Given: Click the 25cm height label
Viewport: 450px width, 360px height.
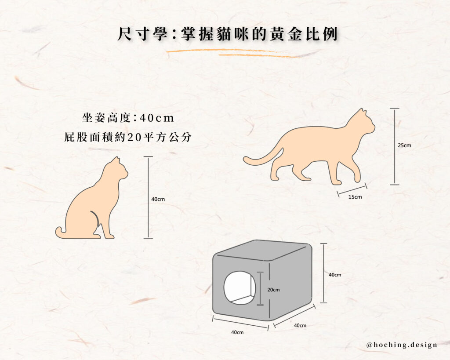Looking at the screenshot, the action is click(x=404, y=145).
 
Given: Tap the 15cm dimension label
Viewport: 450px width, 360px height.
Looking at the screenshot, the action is click(x=355, y=197).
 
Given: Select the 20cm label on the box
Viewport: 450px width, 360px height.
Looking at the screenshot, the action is click(x=273, y=290).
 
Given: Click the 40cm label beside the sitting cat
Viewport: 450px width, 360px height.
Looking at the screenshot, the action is click(x=158, y=199).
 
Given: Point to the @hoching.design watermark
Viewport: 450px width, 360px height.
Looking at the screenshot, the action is click(x=402, y=345).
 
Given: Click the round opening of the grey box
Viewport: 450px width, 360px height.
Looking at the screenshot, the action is click(x=240, y=287).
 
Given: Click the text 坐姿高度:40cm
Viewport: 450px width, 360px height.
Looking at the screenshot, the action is click(x=128, y=118).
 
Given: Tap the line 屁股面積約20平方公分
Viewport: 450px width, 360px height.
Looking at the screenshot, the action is click(x=128, y=137).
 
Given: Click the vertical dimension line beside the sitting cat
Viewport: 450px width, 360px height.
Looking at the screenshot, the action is click(x=148, y=197).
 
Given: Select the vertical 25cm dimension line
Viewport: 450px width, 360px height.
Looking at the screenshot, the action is click(x=395, y=146).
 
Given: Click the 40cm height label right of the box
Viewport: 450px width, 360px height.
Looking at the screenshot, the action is click(x=335, y=275).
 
